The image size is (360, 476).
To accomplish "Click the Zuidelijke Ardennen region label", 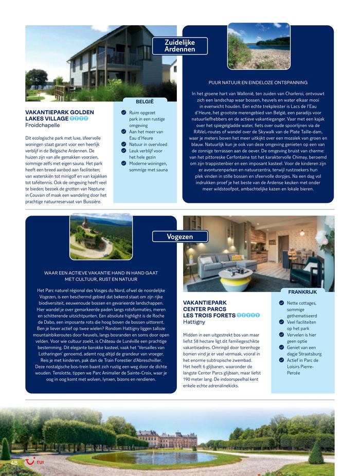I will pos(180,46).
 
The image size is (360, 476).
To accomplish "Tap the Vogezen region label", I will pos(180,237).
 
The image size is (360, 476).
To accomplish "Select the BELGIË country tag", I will pos(145,101).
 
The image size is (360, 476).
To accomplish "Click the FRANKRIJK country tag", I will pos(302,292).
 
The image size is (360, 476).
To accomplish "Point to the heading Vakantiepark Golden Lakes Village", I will pos(59,115).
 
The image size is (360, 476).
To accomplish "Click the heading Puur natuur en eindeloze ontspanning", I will pos(258,82).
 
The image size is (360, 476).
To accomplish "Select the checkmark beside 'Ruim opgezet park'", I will pos(123,112).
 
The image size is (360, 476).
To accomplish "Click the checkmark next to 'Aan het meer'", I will pos(123,132).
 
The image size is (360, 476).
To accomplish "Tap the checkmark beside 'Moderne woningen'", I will pos(123,164).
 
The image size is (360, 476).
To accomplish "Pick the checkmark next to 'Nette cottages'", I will pos(281,303).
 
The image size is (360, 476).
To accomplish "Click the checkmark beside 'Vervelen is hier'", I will pos(281,335).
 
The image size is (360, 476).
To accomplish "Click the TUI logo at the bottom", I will pos(34,463).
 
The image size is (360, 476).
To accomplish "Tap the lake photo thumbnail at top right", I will pos(259,46).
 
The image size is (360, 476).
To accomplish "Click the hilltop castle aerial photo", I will pos(101,237).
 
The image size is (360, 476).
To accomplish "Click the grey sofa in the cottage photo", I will pos(222,260).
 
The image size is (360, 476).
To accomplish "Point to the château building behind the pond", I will pos(167,439).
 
